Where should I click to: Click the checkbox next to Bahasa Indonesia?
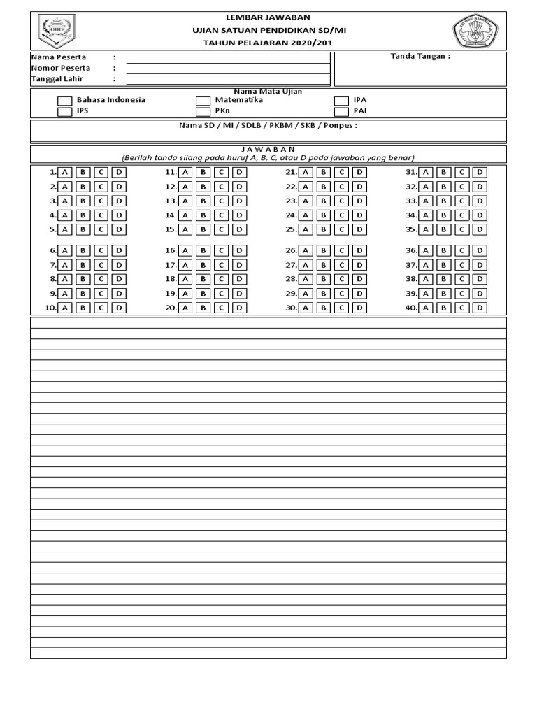[64, 101]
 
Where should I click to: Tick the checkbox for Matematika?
[203, 101]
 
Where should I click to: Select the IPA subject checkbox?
[341, 101]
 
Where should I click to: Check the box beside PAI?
[341, 111]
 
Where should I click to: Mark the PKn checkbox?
[203, 111]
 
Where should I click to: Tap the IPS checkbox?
[64, 111]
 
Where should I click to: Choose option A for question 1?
[64, 172]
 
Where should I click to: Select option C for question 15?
[221, 229]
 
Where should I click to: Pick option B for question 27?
[324, 265]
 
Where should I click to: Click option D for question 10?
[119, 308]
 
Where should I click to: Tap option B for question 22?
[324, 187]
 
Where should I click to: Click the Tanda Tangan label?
[420, 57]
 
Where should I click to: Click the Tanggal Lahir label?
[57, 79]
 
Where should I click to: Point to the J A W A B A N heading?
[268, 149]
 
